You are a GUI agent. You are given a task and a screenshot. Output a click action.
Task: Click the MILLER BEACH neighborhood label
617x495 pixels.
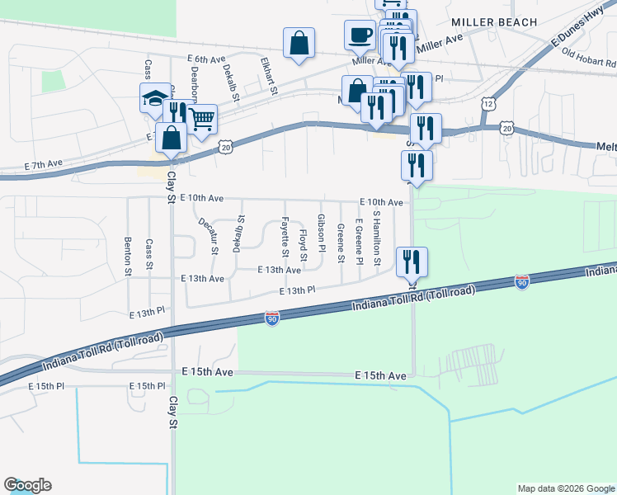pos(489,22)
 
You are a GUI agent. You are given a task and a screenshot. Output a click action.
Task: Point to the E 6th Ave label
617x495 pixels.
pos(205,59)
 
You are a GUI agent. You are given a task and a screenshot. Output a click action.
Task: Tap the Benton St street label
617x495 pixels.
pos(128,256)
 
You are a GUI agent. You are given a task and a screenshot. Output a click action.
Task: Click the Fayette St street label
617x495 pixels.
pos(285,233)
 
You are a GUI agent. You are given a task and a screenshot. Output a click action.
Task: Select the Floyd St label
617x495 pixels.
pos(303,246)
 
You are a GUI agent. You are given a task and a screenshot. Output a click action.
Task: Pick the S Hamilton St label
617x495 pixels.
pos(377,238)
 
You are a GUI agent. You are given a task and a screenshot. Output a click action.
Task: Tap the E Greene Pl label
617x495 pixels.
pos(359,242)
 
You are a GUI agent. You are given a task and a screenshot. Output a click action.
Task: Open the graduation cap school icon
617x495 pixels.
pos(155,97)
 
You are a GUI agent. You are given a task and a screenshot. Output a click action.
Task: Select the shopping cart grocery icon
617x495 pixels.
pos(201,119)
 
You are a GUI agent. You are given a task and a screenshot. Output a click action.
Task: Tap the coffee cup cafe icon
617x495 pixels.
pos(360,34)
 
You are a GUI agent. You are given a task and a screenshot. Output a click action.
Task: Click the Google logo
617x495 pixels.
pos(27,485)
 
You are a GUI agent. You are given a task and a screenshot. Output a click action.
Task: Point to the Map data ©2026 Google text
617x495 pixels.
pos(565,488)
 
